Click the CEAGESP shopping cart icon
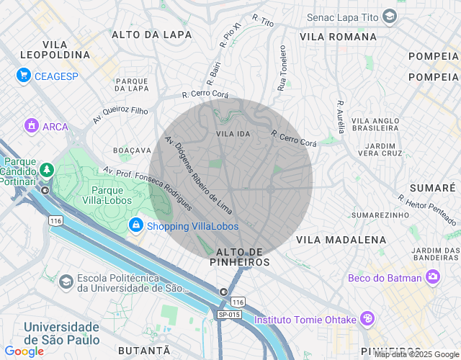[x=24, y=74]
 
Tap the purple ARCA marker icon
[x=31, y=126]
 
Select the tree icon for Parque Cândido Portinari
[x=47, y=169]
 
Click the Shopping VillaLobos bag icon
[x=135, y=226]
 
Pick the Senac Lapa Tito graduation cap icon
[x=390, y=17]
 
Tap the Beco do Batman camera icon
[x=432, y=276]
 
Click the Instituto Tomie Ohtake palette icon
[x=367, y=318]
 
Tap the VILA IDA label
[x=233, y=134]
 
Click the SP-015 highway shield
[x=228, y=314]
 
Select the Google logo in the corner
[x=24, y=351]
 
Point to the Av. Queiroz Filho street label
[x=120, y=114]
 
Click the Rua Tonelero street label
[x=282, y=69]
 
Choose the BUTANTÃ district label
[x=147, y=349]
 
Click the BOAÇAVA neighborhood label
[x=131, y=150]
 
